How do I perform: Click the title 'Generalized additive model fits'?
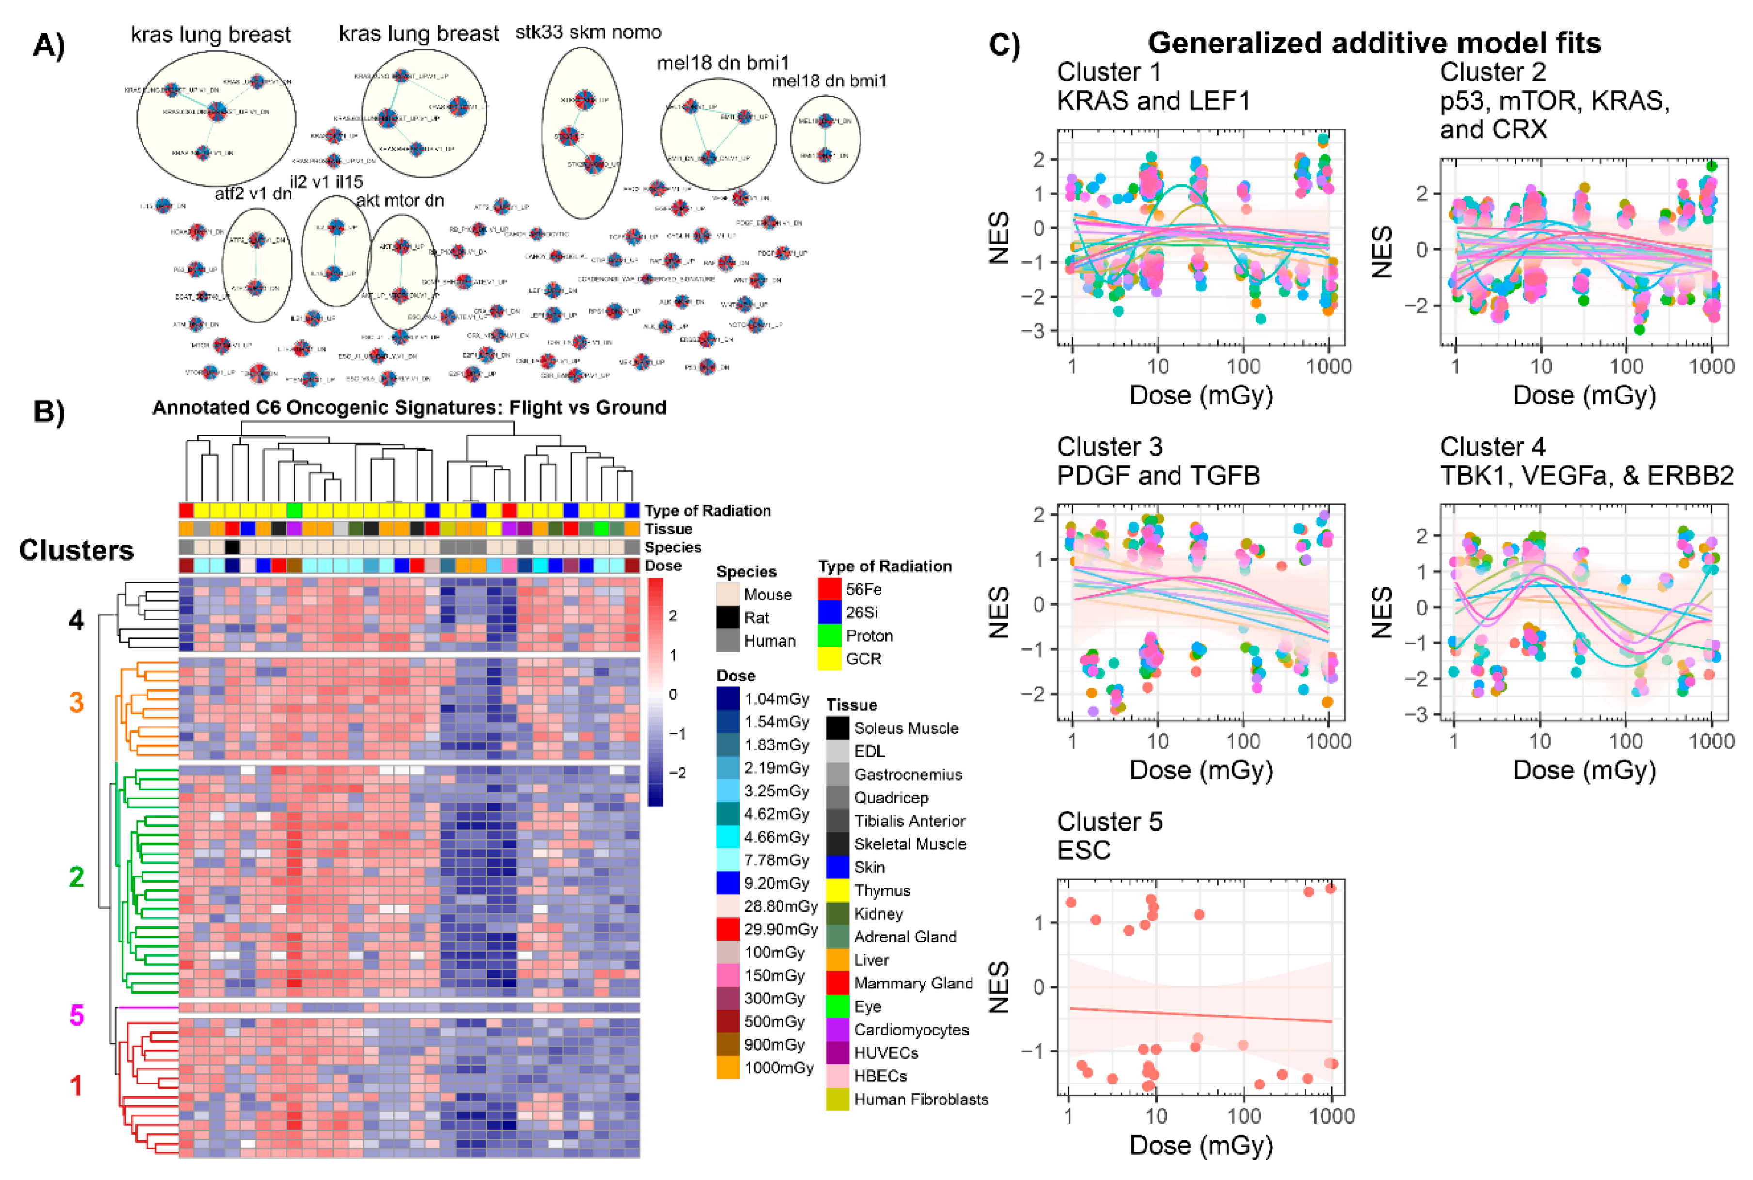click(x=1374, y=43)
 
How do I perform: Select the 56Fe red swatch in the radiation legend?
click(x=829, y=589)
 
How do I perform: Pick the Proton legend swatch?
click(x=829, y=636)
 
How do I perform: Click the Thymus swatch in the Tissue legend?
click(x=838, y=890)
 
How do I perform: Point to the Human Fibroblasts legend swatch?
click(x=838, y=1099)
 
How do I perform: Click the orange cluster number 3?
click(x=76, y=703)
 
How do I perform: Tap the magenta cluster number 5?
click(x=76, y=1015)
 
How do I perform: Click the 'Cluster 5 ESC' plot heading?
click(x=1109, y=835)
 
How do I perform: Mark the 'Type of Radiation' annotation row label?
click(x=707, y=511)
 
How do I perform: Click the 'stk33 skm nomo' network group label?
click(x=588, y=32)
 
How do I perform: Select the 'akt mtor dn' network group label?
click(x=399, y=200)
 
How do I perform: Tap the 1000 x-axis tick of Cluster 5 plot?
click(x=1331, y=1115)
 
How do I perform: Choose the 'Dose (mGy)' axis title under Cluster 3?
click(x=1201, y=770)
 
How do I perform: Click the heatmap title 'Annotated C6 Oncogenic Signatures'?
click(x=409, y=408)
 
